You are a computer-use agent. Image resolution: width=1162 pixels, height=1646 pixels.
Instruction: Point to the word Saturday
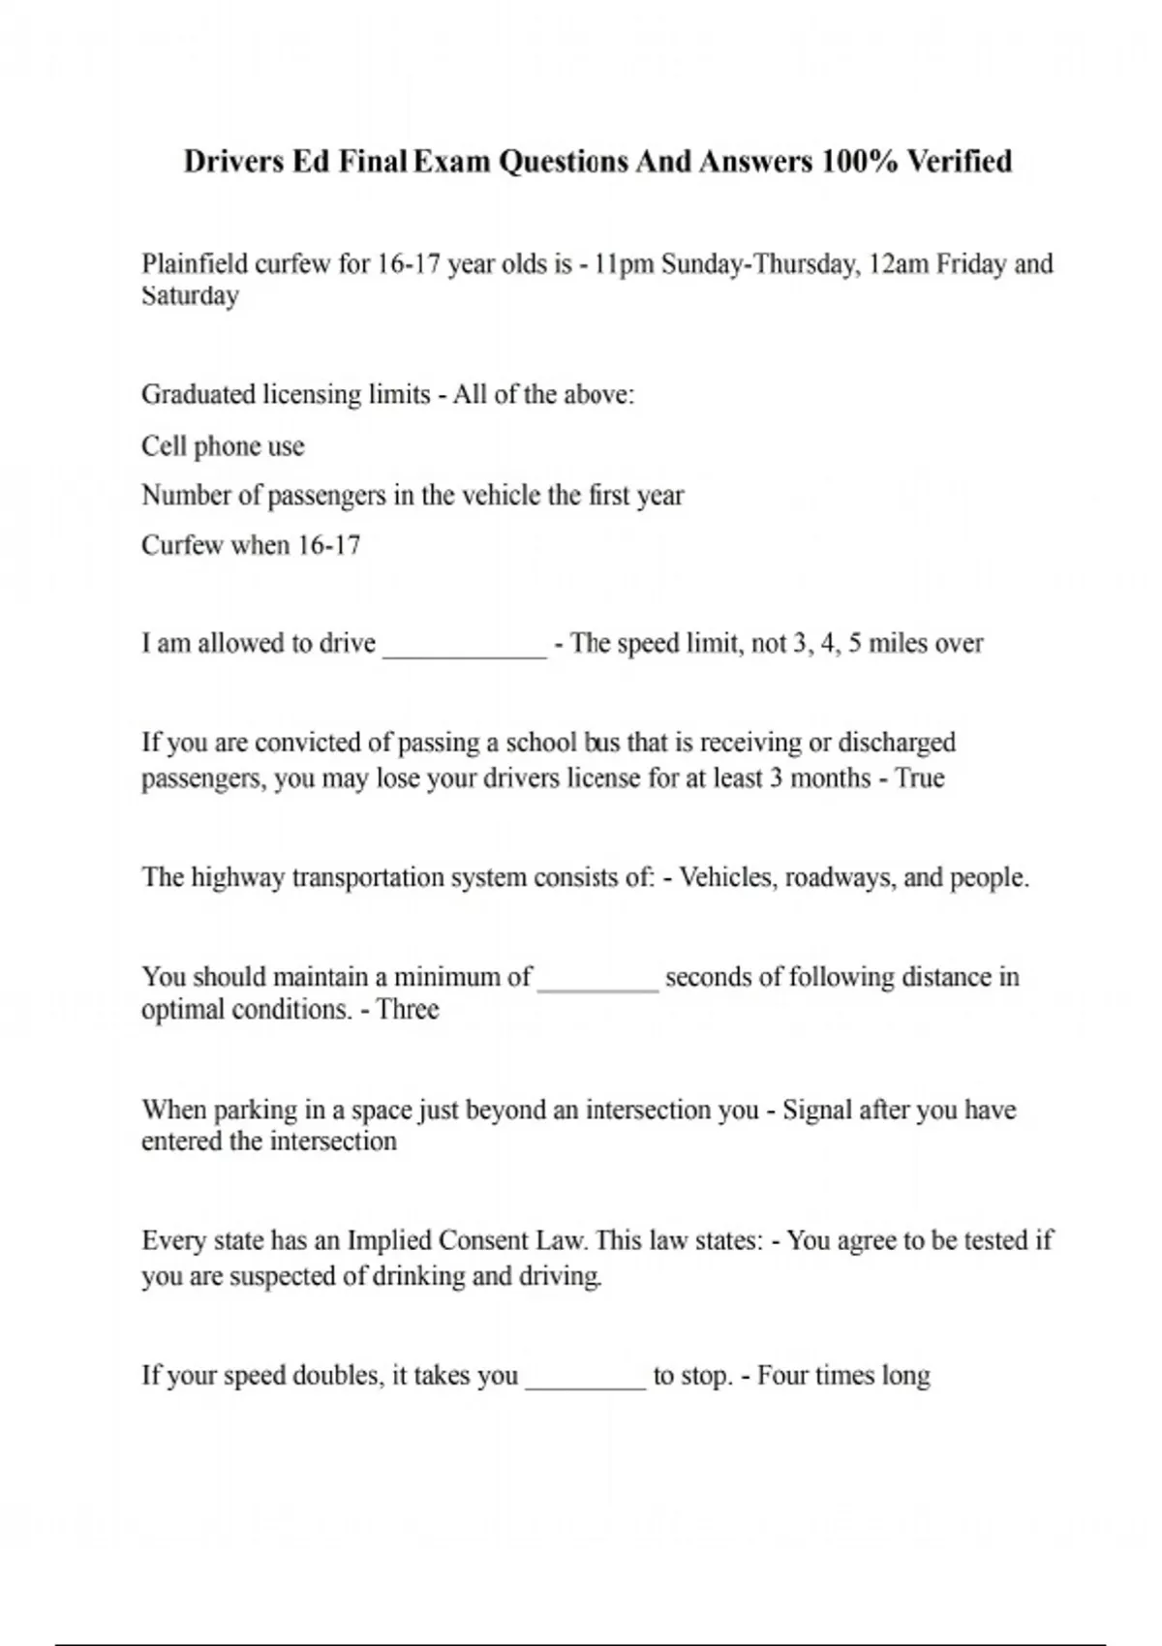190,295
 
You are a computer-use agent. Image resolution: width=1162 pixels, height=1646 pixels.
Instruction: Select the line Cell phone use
223,446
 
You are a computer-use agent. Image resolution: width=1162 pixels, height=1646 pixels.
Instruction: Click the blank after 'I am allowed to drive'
465,647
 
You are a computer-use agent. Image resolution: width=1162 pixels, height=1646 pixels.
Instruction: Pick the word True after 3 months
920,777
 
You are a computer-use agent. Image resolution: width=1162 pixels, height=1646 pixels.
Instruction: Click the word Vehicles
727,877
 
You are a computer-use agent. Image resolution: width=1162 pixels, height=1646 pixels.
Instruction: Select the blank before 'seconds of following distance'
597,980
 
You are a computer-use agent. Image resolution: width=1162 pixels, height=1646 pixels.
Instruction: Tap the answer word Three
408,1010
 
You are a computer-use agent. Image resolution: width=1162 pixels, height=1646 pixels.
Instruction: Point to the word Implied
389,1240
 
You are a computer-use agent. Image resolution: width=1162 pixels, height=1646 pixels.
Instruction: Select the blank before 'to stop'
585,1379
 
